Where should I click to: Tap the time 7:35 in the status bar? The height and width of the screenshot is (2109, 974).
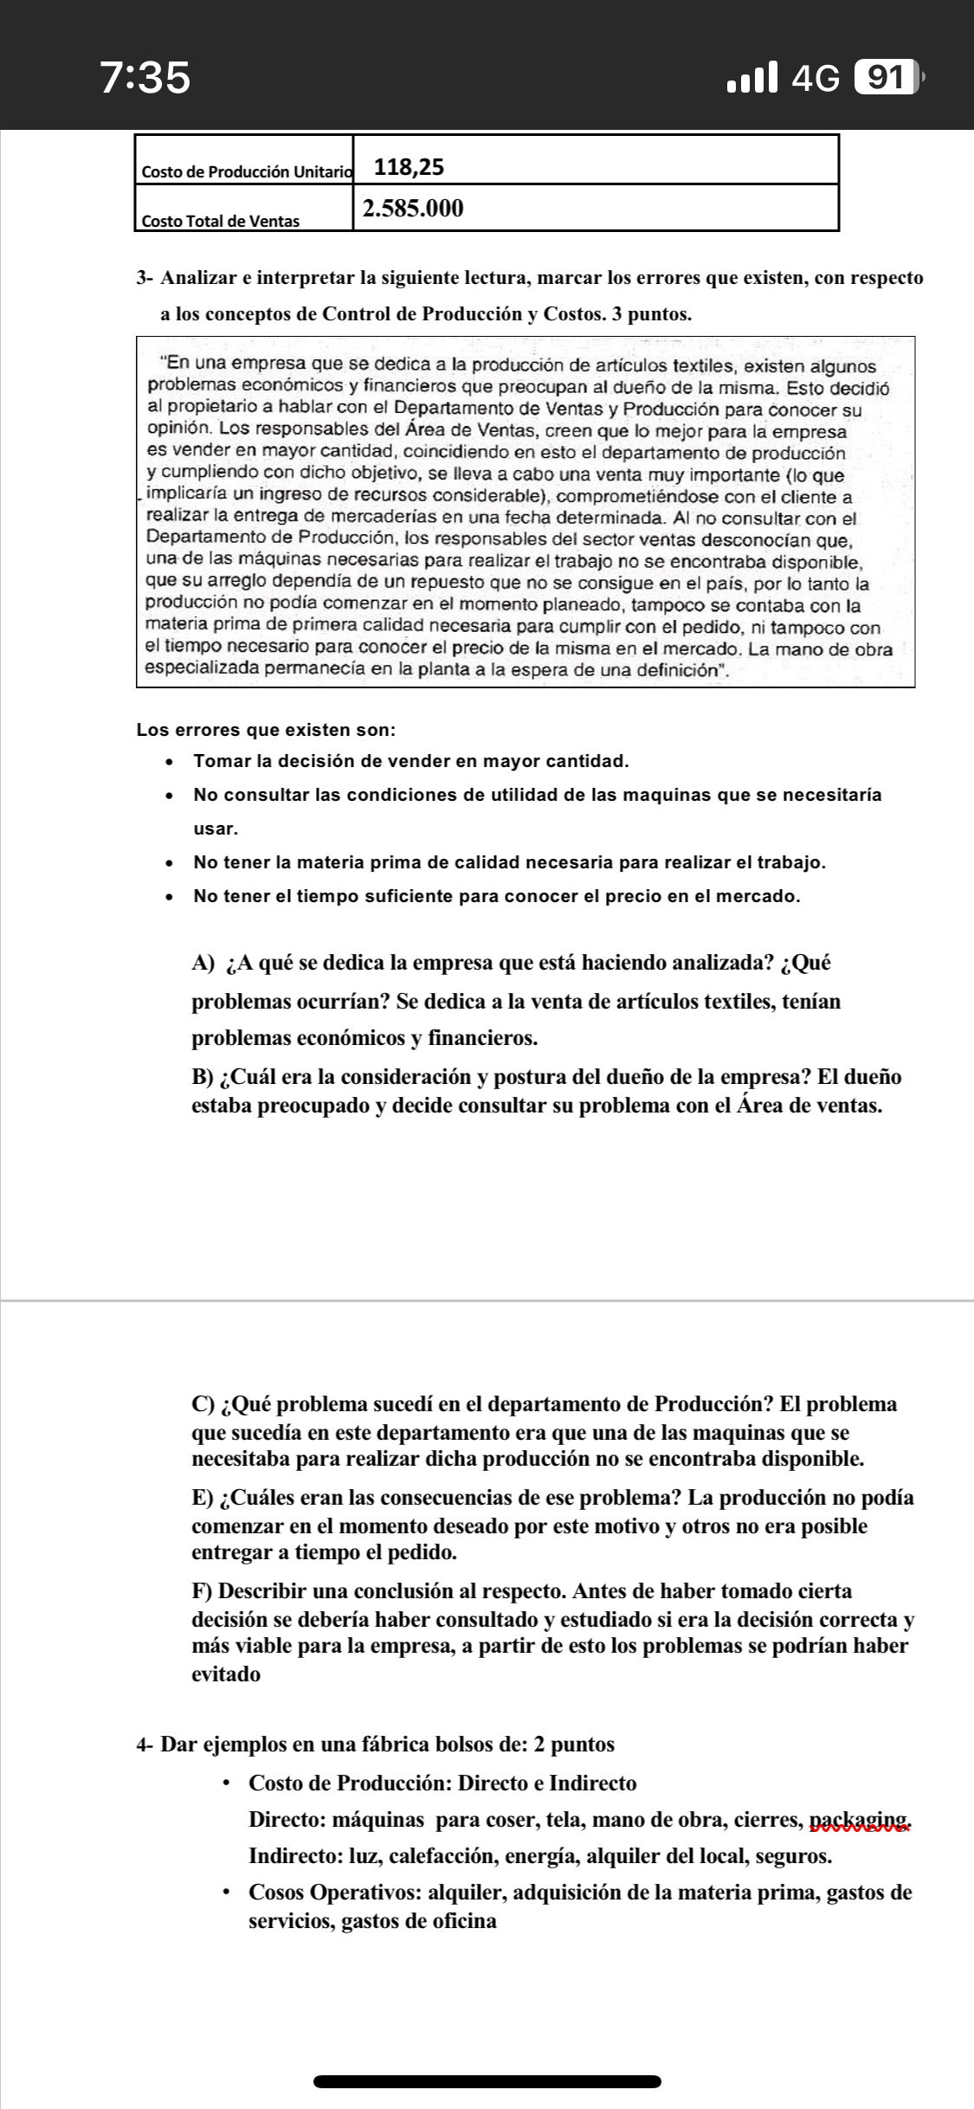tap(145, 78)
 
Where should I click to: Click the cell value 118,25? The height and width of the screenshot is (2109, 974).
tap(409, 167)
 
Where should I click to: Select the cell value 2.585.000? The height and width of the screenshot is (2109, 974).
tap(414, 209)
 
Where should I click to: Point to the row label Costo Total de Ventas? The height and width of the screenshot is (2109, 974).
tap(220, 221)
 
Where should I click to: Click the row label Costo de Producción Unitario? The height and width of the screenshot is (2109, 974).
tap(247, 171)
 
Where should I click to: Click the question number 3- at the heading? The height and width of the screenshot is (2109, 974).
tap(145, 279)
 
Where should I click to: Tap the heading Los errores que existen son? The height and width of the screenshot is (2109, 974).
tap(267, 730)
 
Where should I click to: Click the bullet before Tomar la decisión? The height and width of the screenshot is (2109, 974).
tap(170, 763)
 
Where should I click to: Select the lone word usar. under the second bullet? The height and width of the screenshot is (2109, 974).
tap(216, 829)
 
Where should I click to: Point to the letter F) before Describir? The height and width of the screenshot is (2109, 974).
tap(203, 1591)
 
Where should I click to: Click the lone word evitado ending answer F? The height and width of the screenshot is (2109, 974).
tap(225, 1674)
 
